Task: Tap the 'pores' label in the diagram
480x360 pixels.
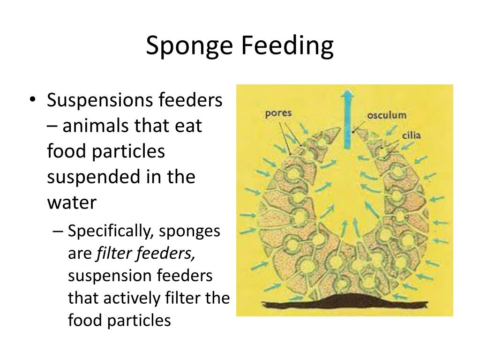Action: pyautogui.click(x=278, y=113)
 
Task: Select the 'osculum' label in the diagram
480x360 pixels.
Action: pyautogui.click(x=386, y=115)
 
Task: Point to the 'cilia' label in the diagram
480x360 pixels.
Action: pyautogui.click(x=411, y=136)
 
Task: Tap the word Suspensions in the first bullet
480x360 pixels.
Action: pyautogui.click(x=99, y=101)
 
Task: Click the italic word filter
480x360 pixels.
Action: pyautogui.click(x=114, y=254)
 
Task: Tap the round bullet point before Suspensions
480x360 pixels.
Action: pyautogui.click(x=32, y=100)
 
